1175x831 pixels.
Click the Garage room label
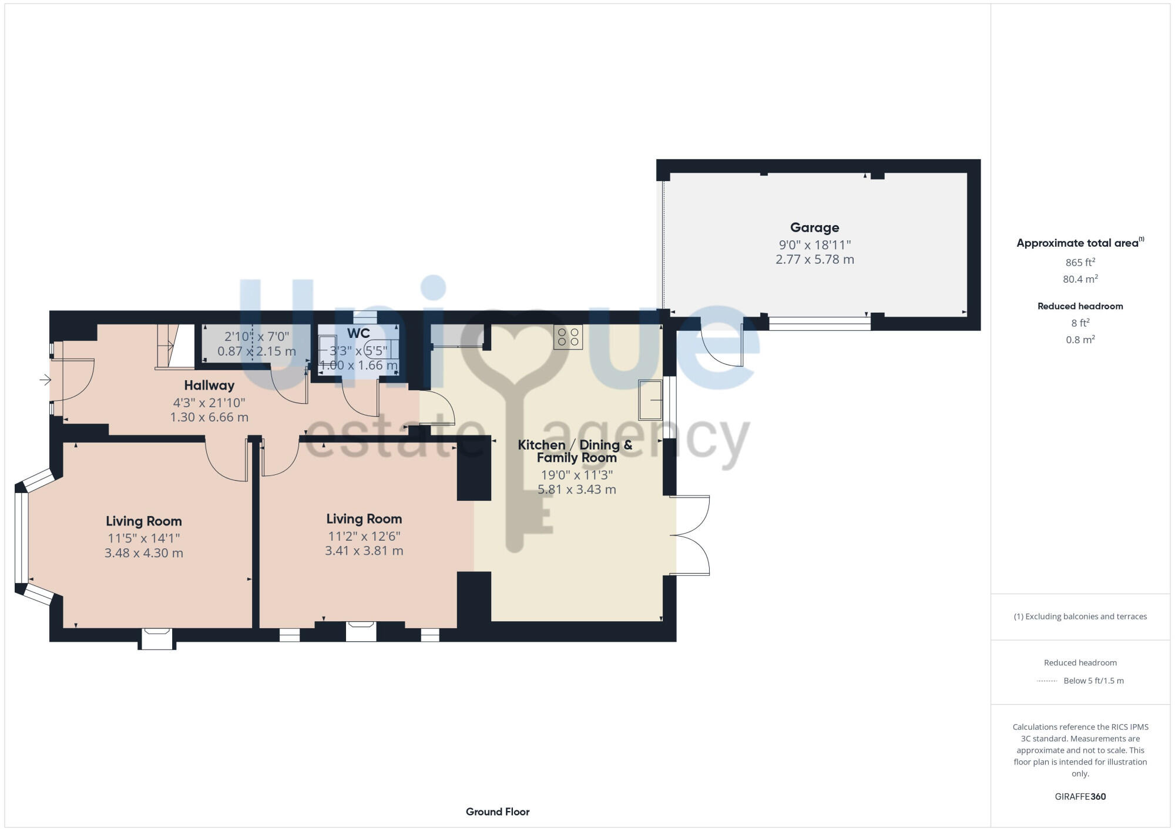coord(814,227)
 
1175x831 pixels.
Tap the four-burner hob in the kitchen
coord(568,337)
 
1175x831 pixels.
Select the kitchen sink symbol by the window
coord(650,400)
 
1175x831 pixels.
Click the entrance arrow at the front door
coord(45,380)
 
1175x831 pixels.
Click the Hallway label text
coord(209,386)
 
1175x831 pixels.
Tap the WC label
coord(358,333)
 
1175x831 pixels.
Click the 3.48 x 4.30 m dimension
coord(144,553)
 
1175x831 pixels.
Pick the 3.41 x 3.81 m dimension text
coord(364,551)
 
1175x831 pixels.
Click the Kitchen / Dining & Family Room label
coord(575,451)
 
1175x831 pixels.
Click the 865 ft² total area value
coord(1080,262)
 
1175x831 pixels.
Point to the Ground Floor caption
coord(498,812)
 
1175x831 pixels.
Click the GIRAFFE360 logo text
coord(1080,797)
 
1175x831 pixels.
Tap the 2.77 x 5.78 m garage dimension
coord(814,259)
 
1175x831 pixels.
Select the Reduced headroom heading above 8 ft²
coord(1080,306)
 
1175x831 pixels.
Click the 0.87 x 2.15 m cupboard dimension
coord(257,351)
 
